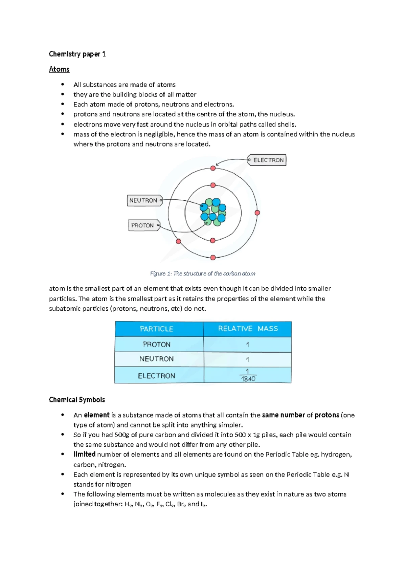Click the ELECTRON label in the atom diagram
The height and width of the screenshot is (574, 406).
pos(268,160)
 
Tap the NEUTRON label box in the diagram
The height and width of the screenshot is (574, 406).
pos(144,200)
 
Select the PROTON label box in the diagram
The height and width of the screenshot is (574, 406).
pos(143,225)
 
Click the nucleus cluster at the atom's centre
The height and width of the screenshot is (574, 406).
pos(213,212)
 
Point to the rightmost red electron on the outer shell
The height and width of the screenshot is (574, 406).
pos(257,213)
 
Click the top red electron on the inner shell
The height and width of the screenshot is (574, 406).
pos(213,185)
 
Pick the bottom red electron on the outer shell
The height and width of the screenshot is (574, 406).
pos(213,258)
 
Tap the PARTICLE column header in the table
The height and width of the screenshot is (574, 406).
pos(157,329)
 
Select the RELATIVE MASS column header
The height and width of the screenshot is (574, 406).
pos(248,329)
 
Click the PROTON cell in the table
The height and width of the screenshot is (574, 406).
pos(157,344)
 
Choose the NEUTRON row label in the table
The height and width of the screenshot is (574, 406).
pos(157,359)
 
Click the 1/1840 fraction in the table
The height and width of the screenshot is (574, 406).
pos(248,375)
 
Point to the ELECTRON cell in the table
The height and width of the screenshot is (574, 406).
pos(157,376)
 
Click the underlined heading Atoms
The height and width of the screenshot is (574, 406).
pos(59,69)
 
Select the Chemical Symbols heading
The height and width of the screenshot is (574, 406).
pos(77,400)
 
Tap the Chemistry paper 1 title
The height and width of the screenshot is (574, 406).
pos(77,54)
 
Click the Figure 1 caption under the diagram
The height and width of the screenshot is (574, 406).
pos(203,273)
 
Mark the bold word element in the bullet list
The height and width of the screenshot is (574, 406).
pos(97,415)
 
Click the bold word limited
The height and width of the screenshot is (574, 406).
pos(84,455)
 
